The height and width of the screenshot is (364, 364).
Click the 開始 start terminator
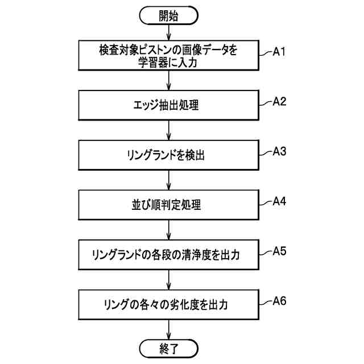click(168, 16)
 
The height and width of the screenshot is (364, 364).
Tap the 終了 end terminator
click(168, 348)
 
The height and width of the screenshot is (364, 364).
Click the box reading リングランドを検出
click(168, 155)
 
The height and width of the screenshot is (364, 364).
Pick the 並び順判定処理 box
click(168, 204)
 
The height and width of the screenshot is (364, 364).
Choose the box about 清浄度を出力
click(168, 254)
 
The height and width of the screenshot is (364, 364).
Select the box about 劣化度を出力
click(168, 304)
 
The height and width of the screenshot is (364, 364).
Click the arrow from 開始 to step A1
click(168, 33)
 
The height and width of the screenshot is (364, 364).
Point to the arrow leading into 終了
click(168, 329)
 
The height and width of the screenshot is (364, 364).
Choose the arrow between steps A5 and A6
click(168, 279)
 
